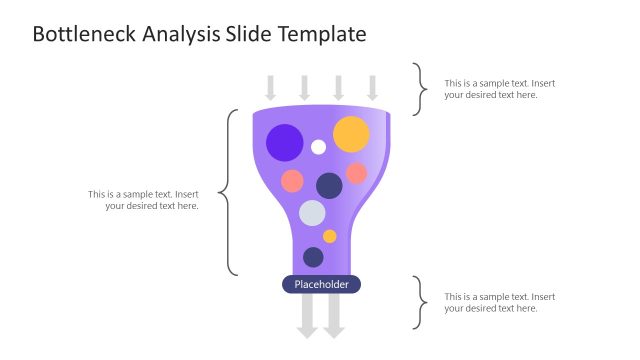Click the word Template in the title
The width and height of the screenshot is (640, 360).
321,35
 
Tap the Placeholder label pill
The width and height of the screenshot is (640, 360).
321,285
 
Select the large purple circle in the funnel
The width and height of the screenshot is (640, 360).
285,142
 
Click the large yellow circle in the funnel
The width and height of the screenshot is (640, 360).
351,134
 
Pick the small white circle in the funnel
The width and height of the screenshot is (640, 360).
318,147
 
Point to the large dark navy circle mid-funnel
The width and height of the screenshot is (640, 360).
329,185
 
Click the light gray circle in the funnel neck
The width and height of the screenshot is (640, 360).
312,213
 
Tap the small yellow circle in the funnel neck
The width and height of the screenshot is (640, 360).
330,237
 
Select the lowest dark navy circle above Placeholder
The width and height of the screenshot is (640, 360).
313,257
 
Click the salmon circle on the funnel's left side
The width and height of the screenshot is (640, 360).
292,181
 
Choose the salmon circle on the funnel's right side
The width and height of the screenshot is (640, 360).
356,173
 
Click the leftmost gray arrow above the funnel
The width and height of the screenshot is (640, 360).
271,87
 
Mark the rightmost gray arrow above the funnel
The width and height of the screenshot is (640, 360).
372,87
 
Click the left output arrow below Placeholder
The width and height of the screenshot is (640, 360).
308,317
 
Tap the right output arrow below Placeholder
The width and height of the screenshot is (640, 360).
334,317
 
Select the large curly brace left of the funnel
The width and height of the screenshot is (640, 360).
227,192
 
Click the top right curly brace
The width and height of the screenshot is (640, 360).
421,89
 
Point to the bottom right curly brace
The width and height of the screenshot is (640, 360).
421,303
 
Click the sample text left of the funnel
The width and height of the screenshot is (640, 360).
143,200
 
